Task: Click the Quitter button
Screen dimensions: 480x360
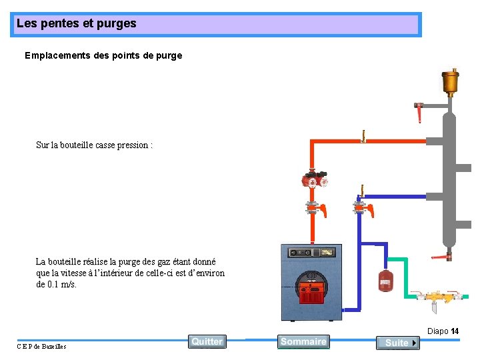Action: coord(207,341)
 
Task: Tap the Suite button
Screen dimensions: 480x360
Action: coord(397,343)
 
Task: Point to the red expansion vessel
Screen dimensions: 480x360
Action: coord(385,280)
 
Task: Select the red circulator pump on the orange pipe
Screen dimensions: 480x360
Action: coord(314,180)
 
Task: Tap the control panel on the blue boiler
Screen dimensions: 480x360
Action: coord(311,252)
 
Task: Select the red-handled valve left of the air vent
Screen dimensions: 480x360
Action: coord(419,111)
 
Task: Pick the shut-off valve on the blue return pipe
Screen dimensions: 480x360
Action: coord(363,209)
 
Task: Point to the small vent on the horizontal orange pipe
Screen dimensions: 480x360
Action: coord(363,136)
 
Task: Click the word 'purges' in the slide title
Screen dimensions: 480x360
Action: coord(117,23)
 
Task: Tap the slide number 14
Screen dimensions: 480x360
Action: coord(455,331)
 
